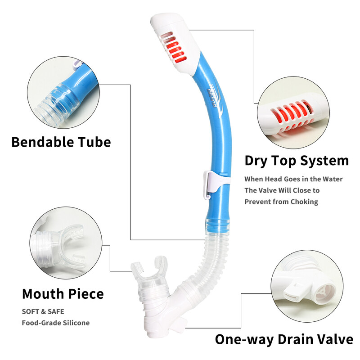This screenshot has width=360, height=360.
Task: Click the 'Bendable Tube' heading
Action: [x=61, y=142]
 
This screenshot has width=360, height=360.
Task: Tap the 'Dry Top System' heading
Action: [x=297, y=160]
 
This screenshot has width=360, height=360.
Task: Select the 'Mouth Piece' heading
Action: [x=63, y=294]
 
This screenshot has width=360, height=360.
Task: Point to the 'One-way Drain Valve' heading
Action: [x=283, y=339]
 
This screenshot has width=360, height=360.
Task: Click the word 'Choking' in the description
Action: [x=303, y=202]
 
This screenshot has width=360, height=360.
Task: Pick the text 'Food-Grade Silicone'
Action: [x=56, y=323]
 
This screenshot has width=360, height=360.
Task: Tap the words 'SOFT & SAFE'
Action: [x=43, y=311]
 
